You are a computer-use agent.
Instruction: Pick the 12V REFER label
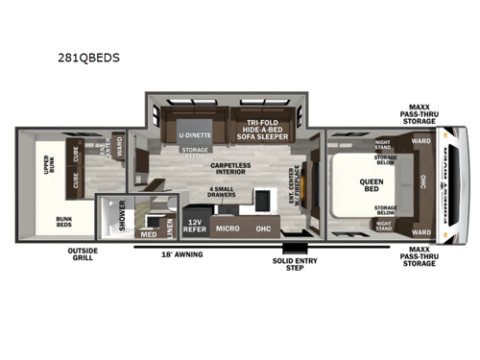196,228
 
